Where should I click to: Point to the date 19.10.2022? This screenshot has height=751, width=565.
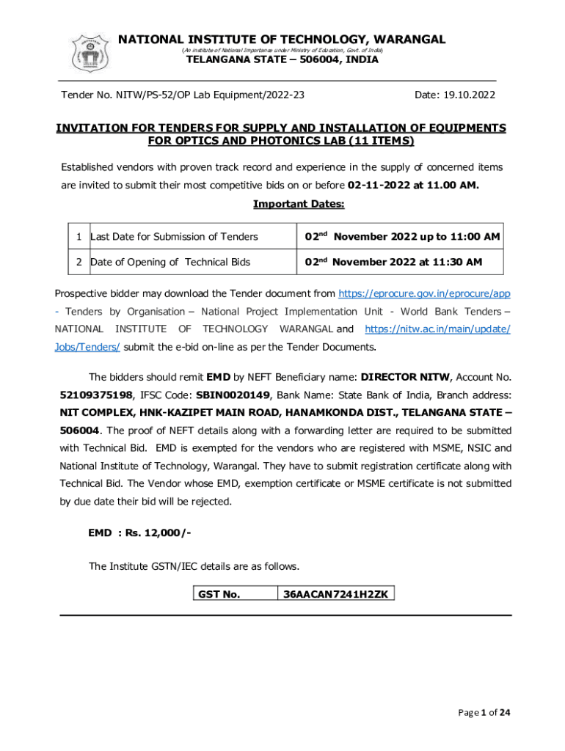pyautogui.click(x=455, y=95)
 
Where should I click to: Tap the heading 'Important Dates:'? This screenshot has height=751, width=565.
pyautogui.click(x=299, y=203)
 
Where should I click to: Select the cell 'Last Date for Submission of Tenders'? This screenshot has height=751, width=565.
pyautogui.click(x=174, y=237)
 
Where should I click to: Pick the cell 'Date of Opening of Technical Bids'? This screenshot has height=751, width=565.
pyautogui.click(x=169, y=262)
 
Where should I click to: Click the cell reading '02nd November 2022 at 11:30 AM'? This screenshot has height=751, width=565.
pyautogui.click(x=393, y=262)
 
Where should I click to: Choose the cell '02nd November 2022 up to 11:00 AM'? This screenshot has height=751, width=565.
pyautogui.click(x=402, y=237)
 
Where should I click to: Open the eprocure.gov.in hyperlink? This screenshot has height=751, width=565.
pyautogui.click(x=423, y=293)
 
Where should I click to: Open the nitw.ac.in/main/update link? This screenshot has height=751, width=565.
pyautogui.click(x=437, y=329)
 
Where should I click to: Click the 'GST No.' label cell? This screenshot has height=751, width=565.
pyautogui.click(x=219, y=593)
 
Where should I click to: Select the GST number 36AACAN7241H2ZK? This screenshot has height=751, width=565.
pyautogui.click(x=335, y=593)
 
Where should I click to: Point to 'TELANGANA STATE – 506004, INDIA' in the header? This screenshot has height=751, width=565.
pyautogui.click(x=282, y=60)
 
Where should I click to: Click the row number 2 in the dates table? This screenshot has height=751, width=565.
pyautogui.click(x=78, y=262)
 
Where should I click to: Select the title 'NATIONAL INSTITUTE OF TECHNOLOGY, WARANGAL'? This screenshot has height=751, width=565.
pyautogui.click(x=282, y=39)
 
